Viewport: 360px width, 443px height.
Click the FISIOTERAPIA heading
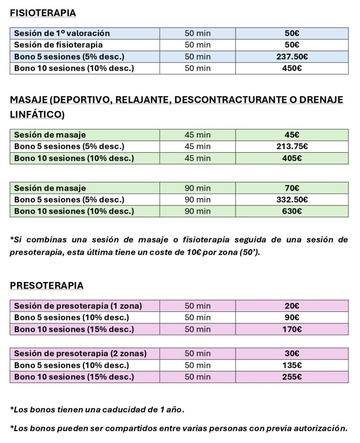[43, 13]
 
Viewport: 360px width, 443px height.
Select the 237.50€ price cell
[292, 57]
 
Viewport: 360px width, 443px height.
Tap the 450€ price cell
[292, 68]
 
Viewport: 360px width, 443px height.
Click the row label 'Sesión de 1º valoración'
[62, 33]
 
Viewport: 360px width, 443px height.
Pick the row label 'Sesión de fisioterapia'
[58, 45]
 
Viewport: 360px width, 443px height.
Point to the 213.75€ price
[292, 147]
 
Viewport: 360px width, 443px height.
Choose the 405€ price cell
[292, 158]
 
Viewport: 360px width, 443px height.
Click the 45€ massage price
[292, 135]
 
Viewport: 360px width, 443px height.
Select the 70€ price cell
[292, 188]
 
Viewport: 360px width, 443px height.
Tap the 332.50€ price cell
[292, 200]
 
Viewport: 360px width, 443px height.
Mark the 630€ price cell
[292, 211]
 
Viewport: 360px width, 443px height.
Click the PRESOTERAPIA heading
[46, 286]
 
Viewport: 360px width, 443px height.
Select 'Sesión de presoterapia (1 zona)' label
[78, 306]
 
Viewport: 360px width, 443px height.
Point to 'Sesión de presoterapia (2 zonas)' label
[80, 353]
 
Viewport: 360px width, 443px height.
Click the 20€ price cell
[292, 306]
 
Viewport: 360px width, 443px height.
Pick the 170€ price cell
[292, 329]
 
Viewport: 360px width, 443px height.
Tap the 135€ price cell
[292, 365]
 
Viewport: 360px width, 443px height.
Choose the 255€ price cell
[292, 377]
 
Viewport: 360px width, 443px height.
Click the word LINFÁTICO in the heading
[35, 115]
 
